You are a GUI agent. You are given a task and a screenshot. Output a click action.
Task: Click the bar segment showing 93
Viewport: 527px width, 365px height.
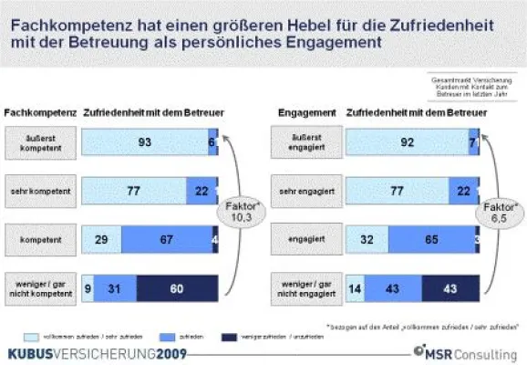coord(145,141)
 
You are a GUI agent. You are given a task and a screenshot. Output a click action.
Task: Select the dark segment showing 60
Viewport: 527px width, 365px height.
coord(177,287)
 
